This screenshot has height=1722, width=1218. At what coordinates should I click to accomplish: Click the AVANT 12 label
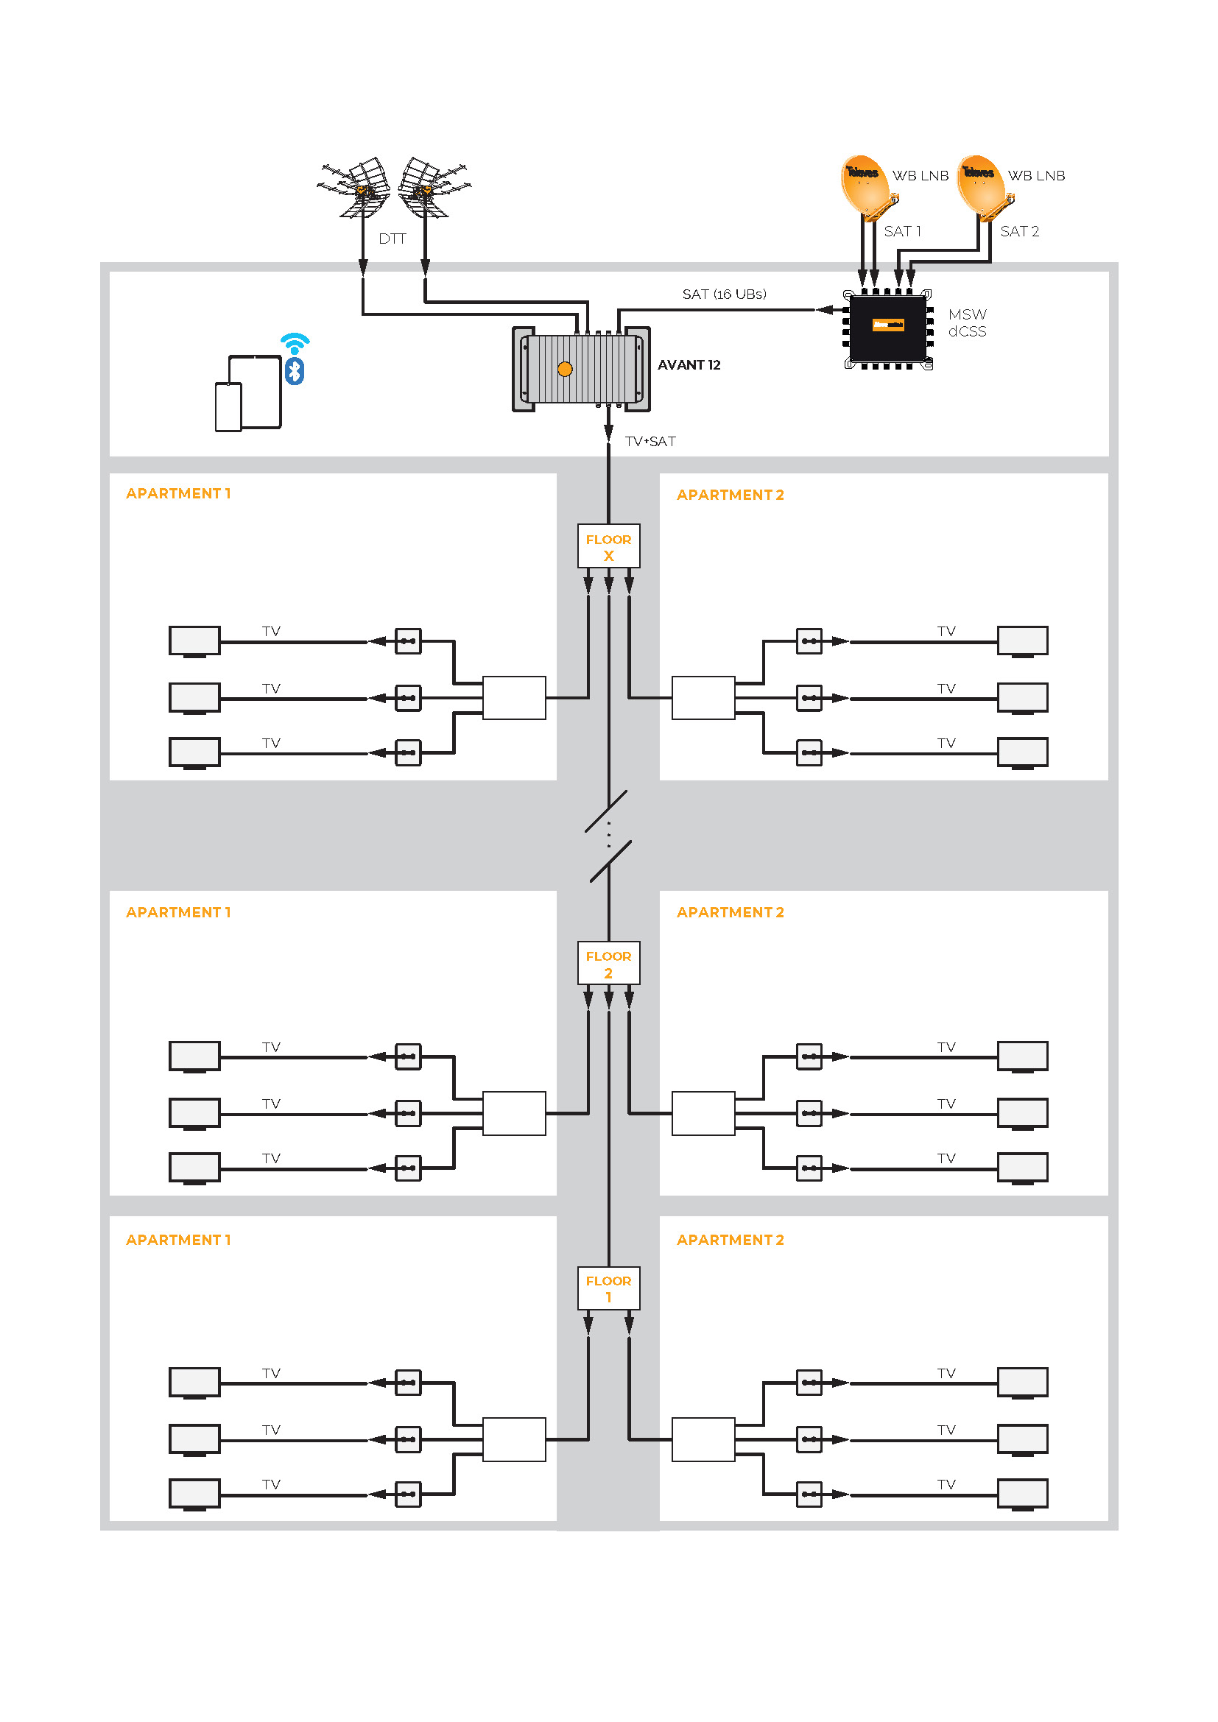[x=689, y=365]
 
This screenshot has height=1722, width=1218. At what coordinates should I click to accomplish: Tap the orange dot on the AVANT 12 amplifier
[x=565, y=369]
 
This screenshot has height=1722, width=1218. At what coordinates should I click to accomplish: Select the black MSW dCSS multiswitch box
[x=888, y=328]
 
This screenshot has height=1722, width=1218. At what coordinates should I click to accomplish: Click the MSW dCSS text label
[x=967, y=323]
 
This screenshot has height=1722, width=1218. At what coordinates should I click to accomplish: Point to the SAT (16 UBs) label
[x=724, y=294]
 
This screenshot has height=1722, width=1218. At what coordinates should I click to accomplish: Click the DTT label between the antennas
[x=392, y=239]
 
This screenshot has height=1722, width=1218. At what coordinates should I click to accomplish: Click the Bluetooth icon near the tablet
[x=295, y=371]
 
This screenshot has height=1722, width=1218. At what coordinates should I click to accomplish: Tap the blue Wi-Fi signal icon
[x=295, y=342]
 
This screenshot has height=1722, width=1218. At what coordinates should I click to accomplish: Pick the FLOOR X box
[x=608, y=547]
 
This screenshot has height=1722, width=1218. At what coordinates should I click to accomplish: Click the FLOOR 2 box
[x=608, y=964]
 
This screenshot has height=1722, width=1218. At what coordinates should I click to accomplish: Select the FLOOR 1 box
[x=608, y=1288]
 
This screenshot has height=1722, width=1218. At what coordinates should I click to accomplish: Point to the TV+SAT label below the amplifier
[x=650, y=442]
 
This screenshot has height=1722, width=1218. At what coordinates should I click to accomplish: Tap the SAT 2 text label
[x=1019, y=231]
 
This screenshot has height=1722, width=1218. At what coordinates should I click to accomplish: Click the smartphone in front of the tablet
[x=228, y=407]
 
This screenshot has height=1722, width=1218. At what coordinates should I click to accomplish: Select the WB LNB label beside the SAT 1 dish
[x=920, y=175]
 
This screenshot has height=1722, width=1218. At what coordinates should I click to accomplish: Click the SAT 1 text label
[x=902, y=231]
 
